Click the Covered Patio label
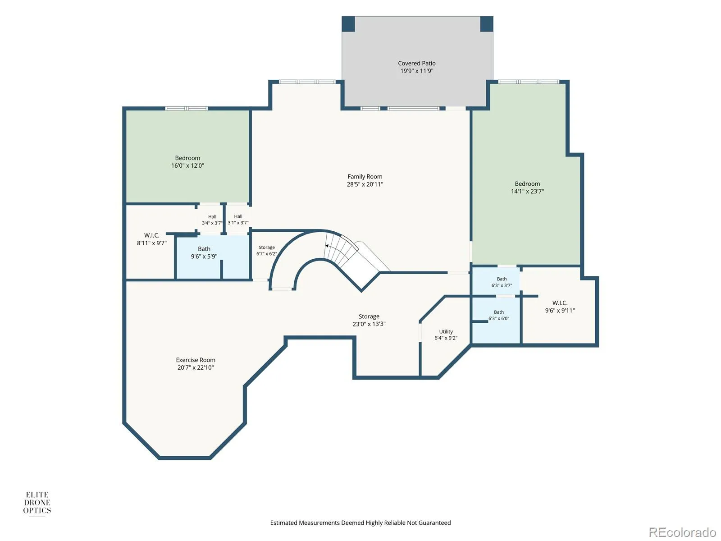(x=416, y=67)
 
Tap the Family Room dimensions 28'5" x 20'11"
(x=365, y=184)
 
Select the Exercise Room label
(x=196, y=364)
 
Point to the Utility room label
(x=446, y=335)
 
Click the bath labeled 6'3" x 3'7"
(x=502, y=282)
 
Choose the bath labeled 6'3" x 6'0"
(x=499, y=315)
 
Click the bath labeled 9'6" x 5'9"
(x=204, y=252)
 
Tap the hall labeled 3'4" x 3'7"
(x=212, y=220)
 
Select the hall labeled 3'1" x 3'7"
(x=238, y=220)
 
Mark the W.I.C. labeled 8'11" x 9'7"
(x=152, y=239)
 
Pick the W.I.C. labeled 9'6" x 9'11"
(x=560, y=307)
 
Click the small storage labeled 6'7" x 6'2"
(x=266, y=250)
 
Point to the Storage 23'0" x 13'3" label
(x=369, y=320)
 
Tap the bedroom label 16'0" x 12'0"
(x=187, y=161)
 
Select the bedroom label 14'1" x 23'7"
(x=527, y=187)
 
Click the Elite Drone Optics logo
(x=37, y=502)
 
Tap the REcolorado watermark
(x=683, y=532)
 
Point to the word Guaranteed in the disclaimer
(x=434, y=523)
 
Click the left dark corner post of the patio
(x=348, y=24)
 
